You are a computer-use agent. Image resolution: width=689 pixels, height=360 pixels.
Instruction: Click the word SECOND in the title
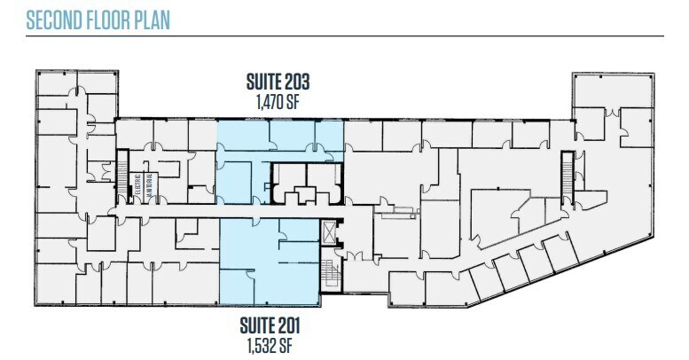52,20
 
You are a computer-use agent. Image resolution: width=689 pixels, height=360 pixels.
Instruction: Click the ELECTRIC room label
139,187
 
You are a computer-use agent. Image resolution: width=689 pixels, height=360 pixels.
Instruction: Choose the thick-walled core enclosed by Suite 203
304,182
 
